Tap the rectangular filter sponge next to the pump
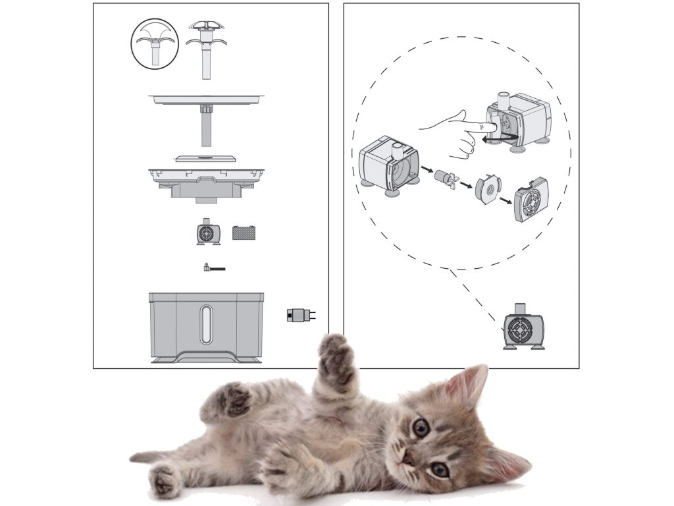click(x=243, y=233)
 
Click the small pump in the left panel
click(x=208, y=233)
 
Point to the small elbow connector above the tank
click(x=213, y=268)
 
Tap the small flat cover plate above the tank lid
click(x=206, y=159)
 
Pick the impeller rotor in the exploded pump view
click(x=446, y=177)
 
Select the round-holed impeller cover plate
click(x=488, y=189)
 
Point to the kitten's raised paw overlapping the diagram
click(x=336, y=359)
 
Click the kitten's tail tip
click(x=134, y=457)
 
